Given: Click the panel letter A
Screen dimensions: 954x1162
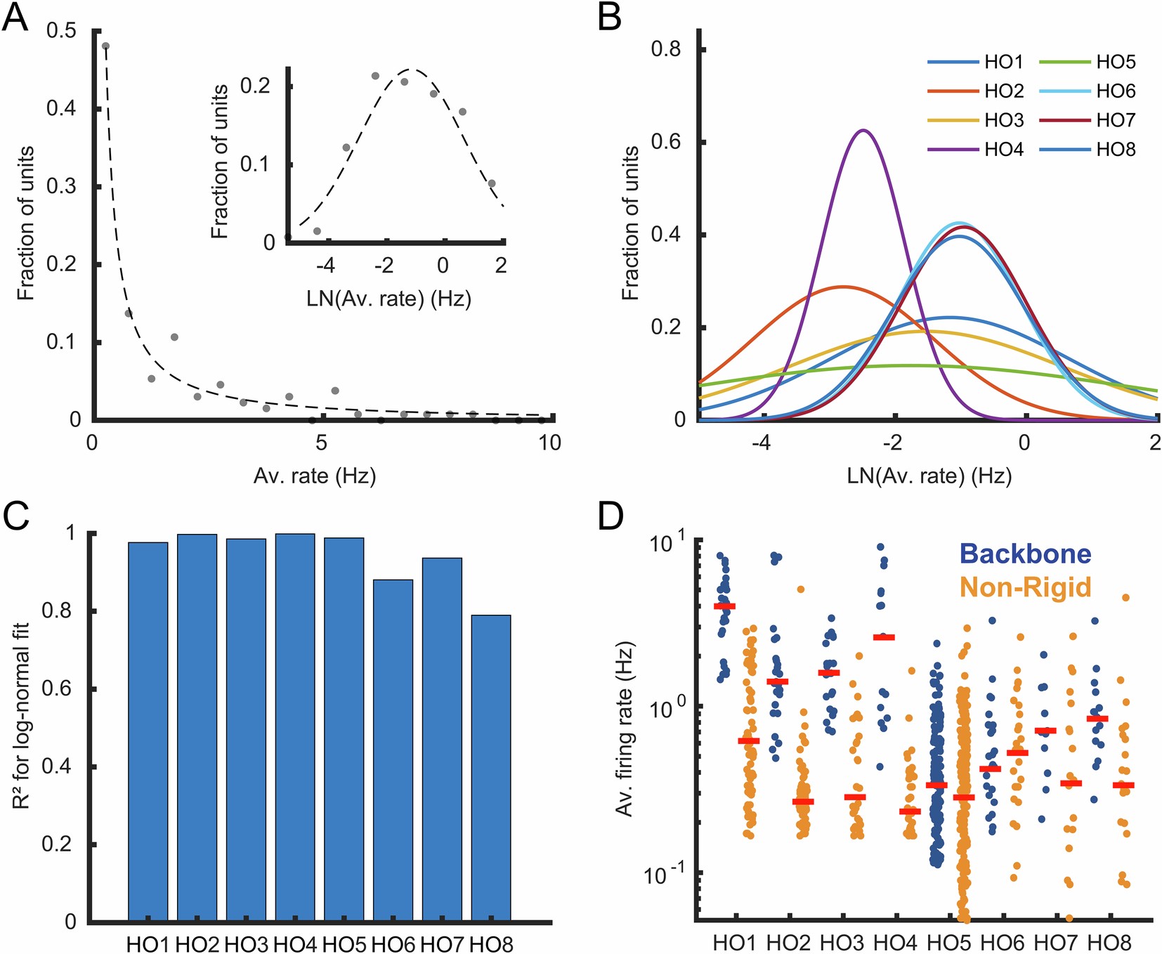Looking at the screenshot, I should click(15, 17).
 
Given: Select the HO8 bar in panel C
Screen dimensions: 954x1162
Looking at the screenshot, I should click(491, 767).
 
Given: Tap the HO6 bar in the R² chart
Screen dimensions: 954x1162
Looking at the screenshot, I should click(393, 750).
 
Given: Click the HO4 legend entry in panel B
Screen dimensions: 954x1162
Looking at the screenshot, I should click(1003, 150).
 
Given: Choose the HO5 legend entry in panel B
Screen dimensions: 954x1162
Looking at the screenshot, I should click(1116, 63).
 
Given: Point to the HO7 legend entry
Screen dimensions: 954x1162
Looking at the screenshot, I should click(1116, 120).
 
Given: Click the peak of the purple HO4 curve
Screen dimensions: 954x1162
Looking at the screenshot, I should click(863, 131).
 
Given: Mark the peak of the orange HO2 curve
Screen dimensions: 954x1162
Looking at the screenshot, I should click(843, 287).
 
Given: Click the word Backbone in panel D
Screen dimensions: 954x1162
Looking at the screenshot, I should click(1026, 554).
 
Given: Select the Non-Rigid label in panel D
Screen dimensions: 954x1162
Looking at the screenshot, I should click(1026, 587).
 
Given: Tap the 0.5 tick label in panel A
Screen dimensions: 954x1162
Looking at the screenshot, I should click(62, 31).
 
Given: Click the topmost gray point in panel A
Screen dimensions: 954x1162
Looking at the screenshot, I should click(105, 46).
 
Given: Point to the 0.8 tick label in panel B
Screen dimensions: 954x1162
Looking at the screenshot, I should click(665, 50).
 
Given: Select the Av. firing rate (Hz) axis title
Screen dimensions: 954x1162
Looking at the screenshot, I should click(624, 728).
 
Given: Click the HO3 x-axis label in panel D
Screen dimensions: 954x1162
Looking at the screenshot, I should click(842, 942).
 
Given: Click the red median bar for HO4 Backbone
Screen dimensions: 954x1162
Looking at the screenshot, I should click(884, 637).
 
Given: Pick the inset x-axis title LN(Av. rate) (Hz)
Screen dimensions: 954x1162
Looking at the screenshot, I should click(389, 299).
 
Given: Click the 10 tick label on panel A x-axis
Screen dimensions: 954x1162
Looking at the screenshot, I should click(550, 443).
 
